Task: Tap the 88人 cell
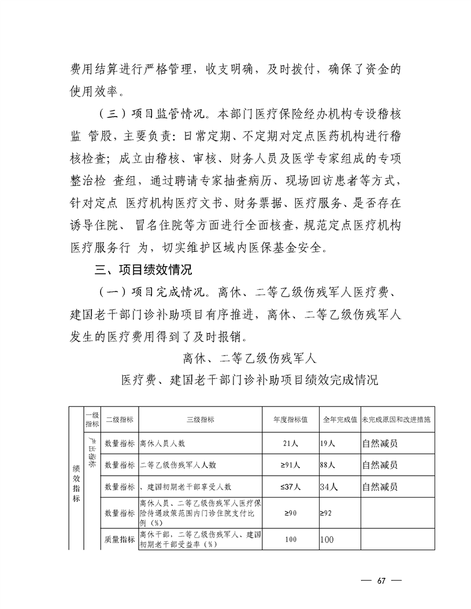click(328, 465)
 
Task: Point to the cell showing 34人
click(329, 487)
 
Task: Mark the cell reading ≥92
click(327, 513)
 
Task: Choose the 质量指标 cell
click(120, 540)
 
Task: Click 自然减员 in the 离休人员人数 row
click(380, 444)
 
